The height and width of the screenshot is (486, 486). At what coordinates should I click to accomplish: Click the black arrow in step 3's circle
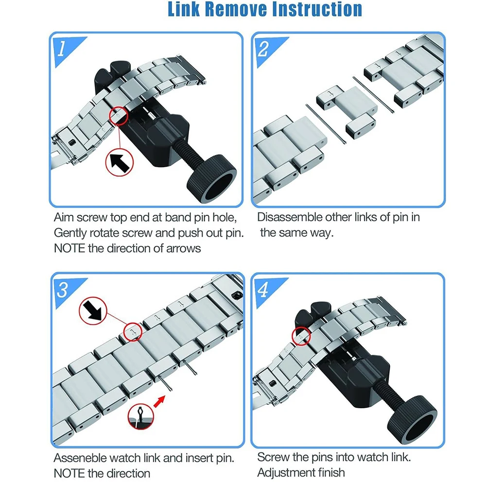(x=93, y=311)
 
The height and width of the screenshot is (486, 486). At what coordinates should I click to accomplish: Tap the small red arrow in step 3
(x=159, y=402)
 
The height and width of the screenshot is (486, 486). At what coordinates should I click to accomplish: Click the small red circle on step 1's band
(x=119, y=116)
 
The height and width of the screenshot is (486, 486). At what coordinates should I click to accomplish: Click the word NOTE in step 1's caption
(x=69, y=248)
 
